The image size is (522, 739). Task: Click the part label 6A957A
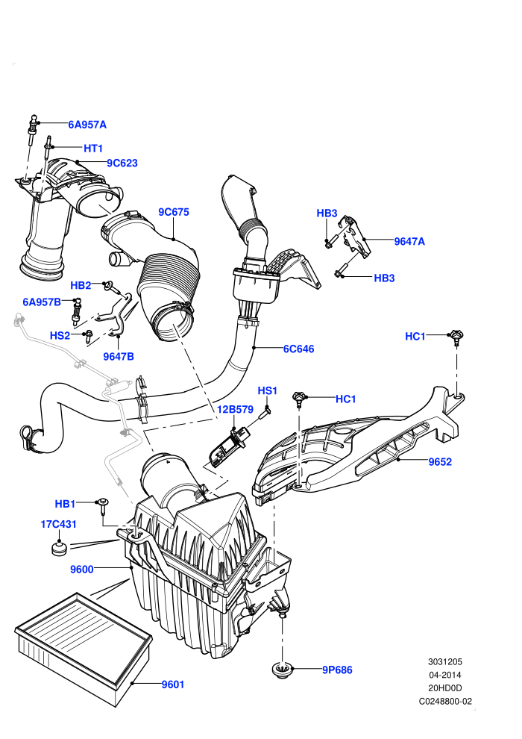(x=87, y=125)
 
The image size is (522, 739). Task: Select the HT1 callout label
(x=93, y=149)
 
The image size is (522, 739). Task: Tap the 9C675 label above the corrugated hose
(x=174, y=212)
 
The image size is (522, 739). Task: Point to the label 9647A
(x=409, y=241)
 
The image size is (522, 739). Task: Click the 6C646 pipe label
(x=298, y=349)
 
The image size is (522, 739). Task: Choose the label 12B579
(x=236, y=410)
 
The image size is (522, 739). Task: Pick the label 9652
(x=440, y=462)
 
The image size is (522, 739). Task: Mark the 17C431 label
(x=58, y=524)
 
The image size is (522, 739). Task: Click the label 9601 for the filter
(x=173, y=685)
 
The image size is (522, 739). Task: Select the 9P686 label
(x=337, y=670)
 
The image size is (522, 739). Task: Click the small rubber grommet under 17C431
(x=59, y=549)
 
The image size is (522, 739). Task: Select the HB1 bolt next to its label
(x=103, y=506)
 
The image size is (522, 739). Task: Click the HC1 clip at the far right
(x=456, y=336)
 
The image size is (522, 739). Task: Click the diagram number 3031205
(x=445, y=661)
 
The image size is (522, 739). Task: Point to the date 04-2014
(x=445, y=675)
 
